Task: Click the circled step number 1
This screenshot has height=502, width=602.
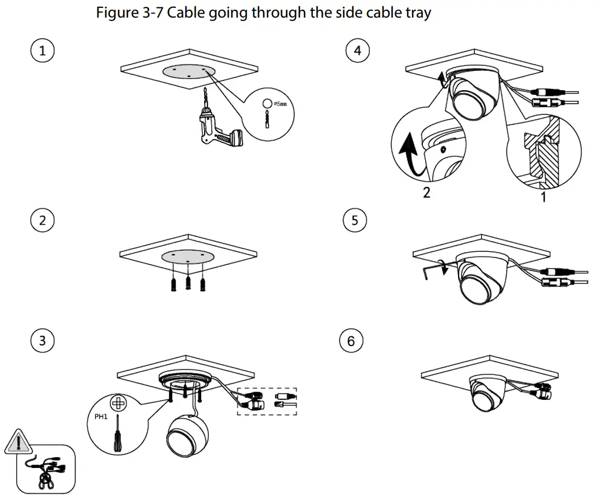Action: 42,51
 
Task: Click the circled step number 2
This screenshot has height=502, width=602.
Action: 42,220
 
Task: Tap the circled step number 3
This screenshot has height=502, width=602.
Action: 42,340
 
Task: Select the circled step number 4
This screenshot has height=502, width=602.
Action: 357,51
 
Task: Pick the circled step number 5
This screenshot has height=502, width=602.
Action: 355,220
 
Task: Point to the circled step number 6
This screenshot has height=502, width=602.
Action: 351,340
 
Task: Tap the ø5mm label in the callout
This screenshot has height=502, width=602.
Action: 280,104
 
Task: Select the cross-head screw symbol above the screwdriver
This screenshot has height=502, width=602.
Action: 117,404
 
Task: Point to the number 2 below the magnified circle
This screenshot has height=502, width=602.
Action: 426,192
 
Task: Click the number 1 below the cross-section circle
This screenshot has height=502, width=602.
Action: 543,196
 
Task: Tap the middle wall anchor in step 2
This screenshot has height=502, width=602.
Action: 187,280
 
